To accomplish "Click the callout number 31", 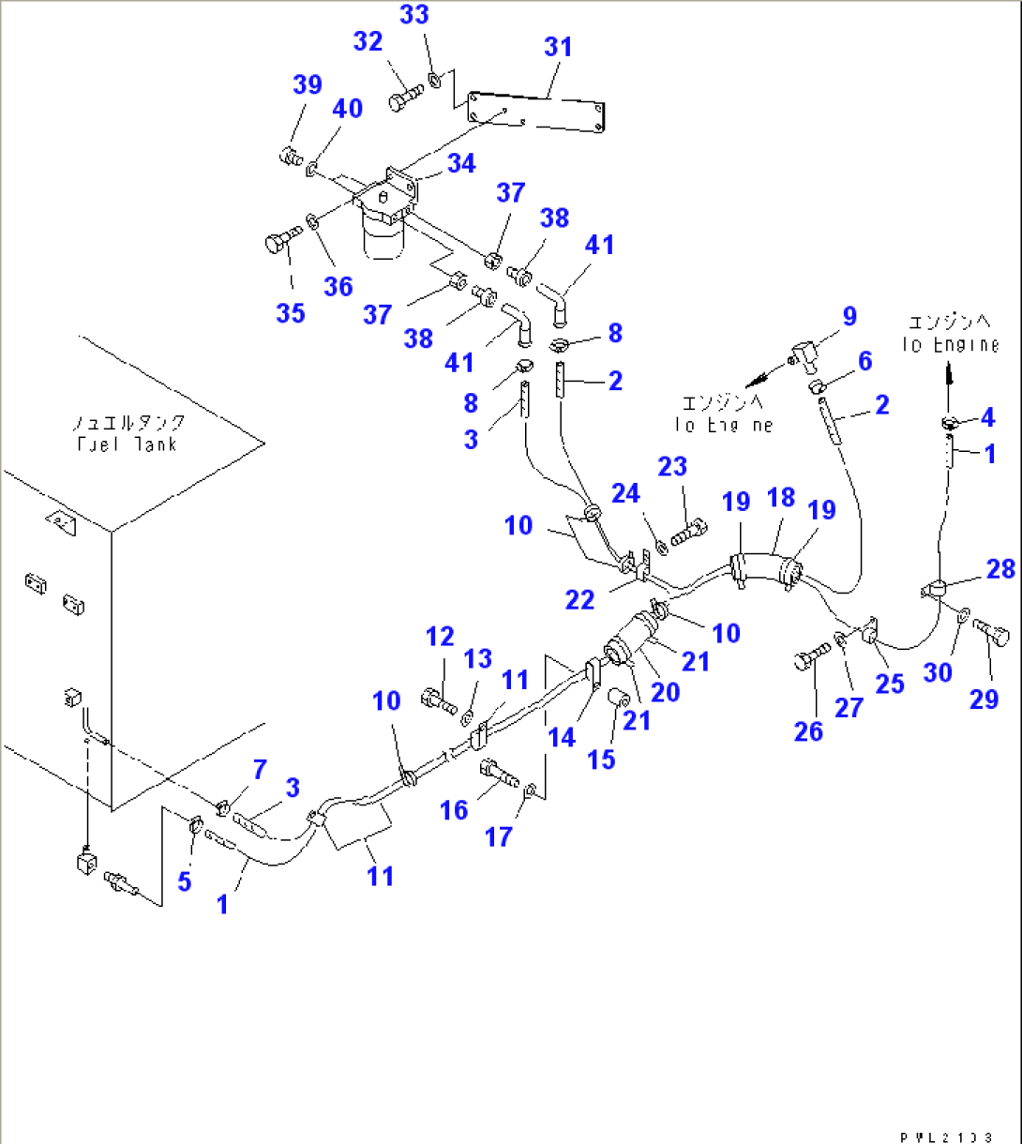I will (558, 47).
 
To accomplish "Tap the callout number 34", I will (460, 163).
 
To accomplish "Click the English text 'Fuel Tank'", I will (127, 444).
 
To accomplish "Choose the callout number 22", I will (580, 600).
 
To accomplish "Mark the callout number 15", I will (601, 759).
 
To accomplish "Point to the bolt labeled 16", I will (497, 775).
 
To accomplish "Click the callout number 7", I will (259, 771).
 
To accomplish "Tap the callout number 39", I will (307, 85).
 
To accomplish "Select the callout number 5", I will (184, 881).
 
